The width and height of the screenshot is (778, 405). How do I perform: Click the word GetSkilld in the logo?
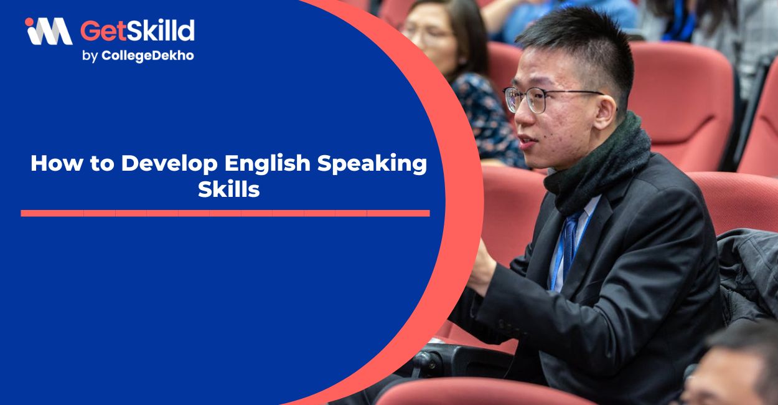click(138, 31)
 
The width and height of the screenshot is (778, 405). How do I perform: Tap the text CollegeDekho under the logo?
click(148, 55)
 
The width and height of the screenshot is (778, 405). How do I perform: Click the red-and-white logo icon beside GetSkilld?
click(49, 31)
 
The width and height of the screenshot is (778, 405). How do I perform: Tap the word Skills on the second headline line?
click(228, 190)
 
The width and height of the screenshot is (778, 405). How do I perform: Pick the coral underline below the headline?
click(225, 213)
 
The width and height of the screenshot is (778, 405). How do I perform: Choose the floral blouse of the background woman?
click(489, 118)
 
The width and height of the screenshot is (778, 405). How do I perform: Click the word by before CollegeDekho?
click(90, 56)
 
